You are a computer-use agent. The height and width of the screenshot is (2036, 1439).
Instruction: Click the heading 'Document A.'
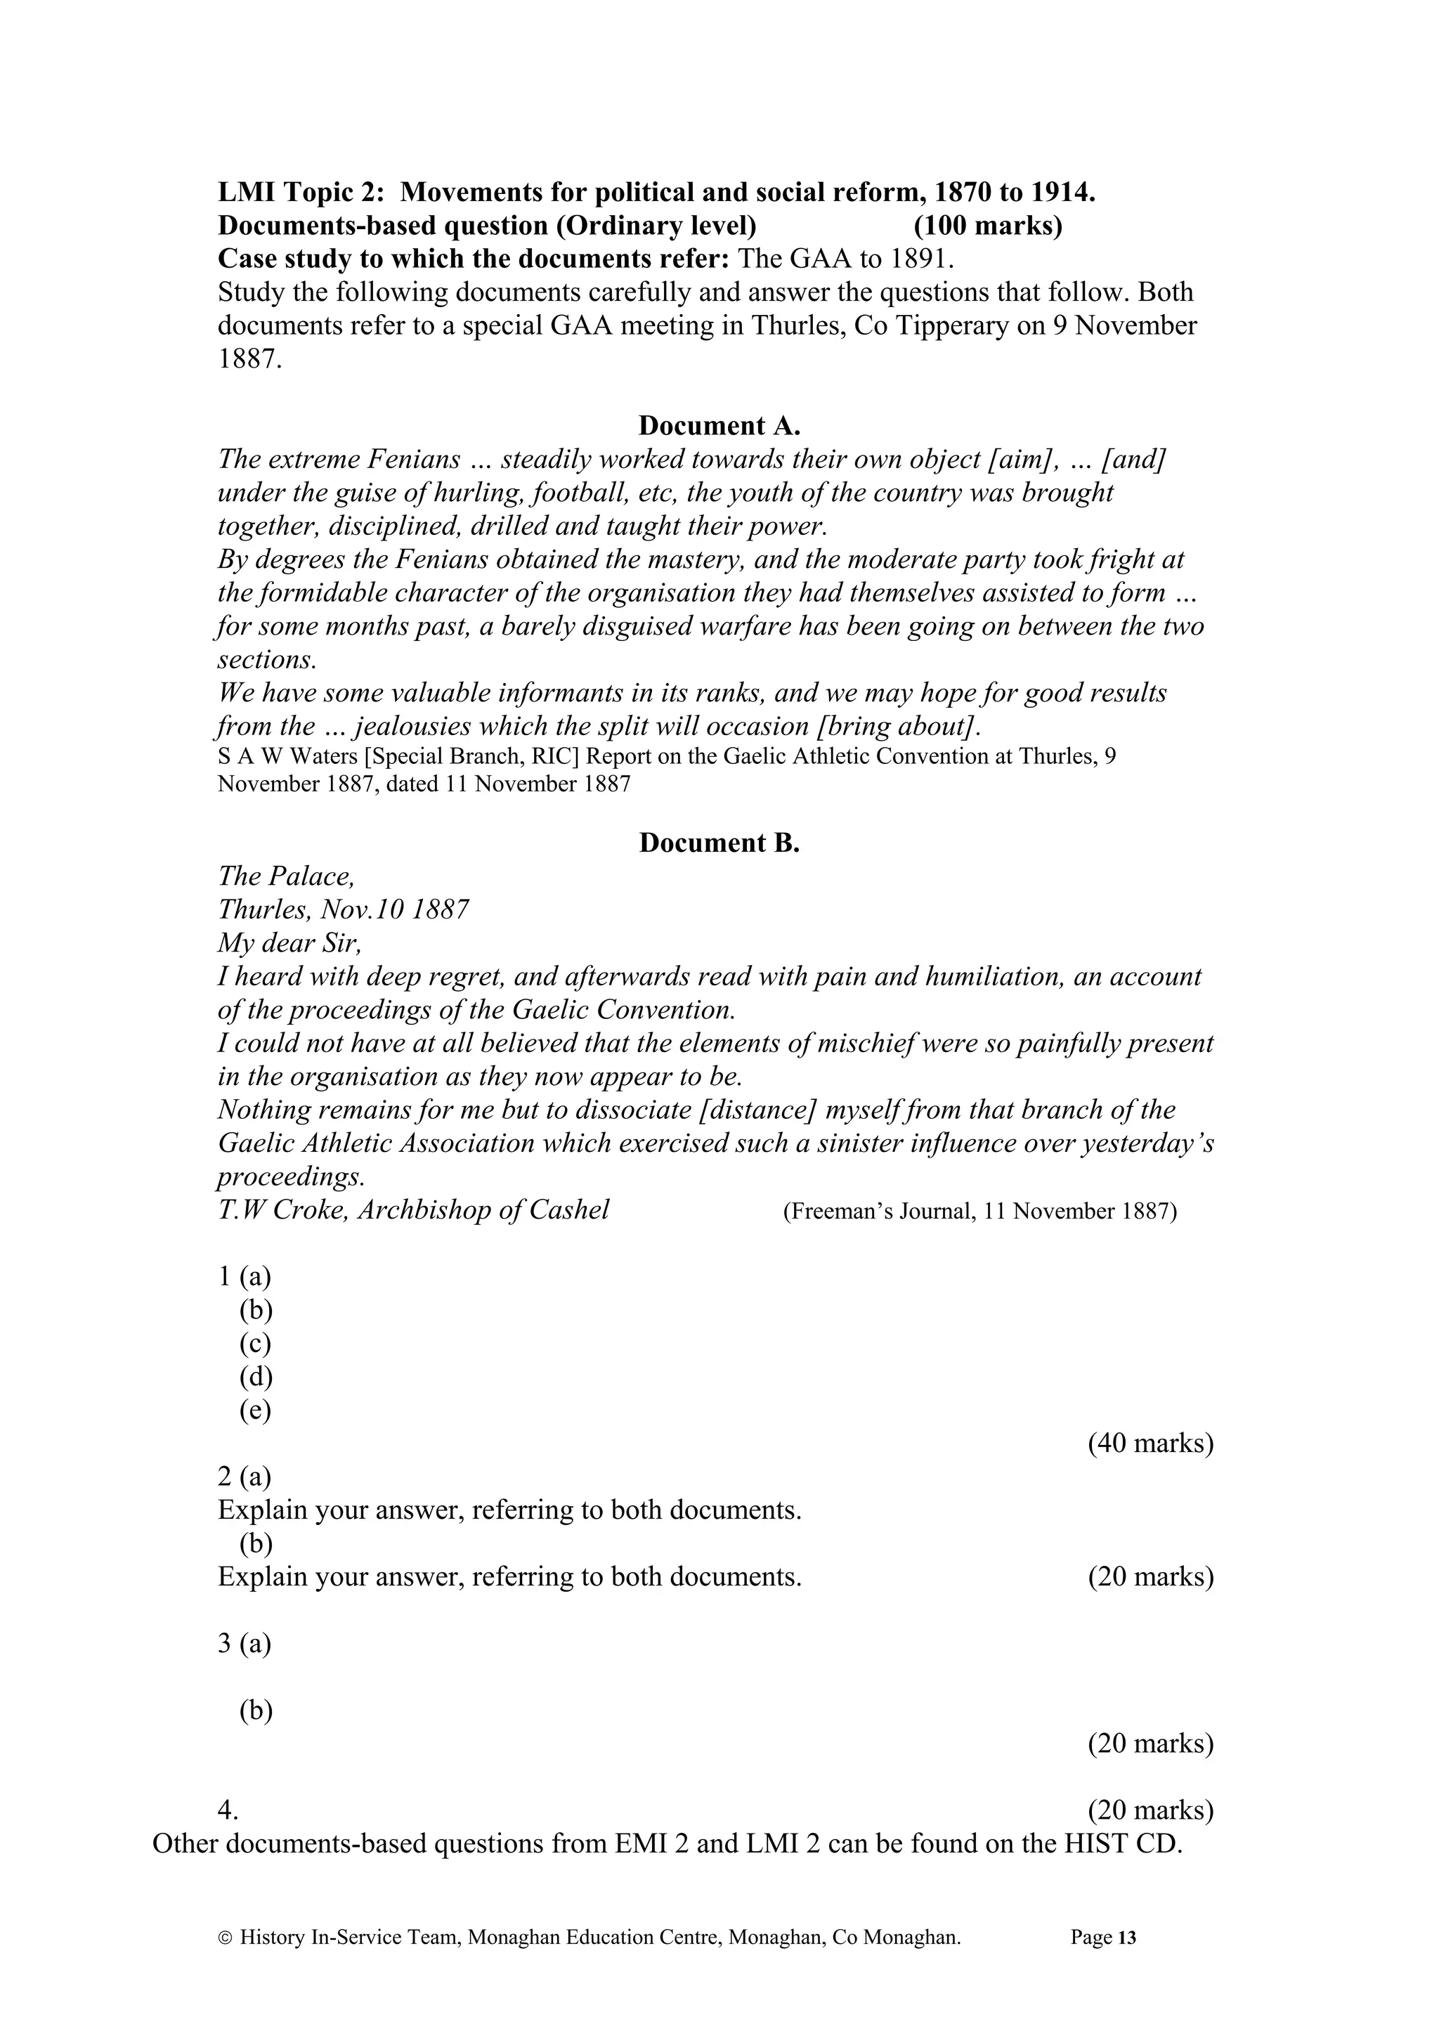(719, 426)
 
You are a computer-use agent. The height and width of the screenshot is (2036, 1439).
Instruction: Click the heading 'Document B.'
(719, 843)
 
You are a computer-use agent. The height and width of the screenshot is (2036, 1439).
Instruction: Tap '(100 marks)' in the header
(988, 226)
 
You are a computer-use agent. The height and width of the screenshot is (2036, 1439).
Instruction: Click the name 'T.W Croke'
(283, 1210)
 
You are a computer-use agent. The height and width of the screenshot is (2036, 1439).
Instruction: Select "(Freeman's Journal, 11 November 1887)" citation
(979, 1212)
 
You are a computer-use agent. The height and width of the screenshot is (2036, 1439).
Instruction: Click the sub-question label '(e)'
(255, 1410)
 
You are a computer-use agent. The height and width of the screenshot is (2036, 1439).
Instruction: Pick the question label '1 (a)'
(245, 1277)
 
